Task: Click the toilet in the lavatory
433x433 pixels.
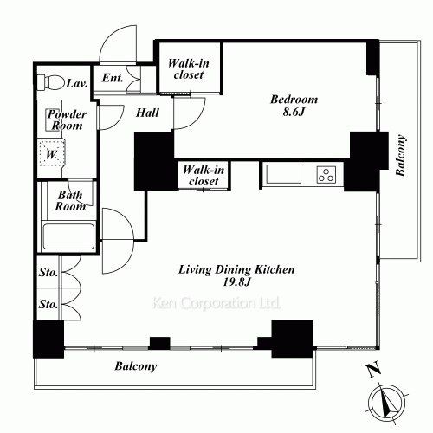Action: click(x=51, y=82)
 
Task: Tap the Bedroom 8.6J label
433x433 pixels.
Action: click(x=294, y=106)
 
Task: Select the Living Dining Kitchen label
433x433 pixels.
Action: click(x=236, y=269)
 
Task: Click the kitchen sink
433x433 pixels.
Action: click(x=284, y=174)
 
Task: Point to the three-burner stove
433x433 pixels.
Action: click(x=326, y=174)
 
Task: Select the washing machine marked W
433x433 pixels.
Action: click(x=52, y=153)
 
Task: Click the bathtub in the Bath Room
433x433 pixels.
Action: click(x=68, y=236)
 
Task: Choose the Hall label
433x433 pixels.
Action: click(x=147, y=113)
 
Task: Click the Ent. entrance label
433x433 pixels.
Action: click(x=113, y=78)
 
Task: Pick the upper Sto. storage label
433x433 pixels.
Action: click(x=48, y=272)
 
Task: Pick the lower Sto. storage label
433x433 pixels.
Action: click(x=48, y=304)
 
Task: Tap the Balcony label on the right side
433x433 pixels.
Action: click(x=401, y=155)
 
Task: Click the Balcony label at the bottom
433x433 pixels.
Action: click(x=136, y=366)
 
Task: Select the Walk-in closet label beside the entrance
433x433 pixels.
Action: click(x=189, y=69)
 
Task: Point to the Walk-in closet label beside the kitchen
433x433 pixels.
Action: click(x=204, y=175)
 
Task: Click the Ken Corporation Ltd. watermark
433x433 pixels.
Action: click(x=216, y=303)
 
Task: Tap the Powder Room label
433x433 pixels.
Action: click(x=67, y=120)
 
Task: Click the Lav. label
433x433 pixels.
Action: click(x=77, y=84)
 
